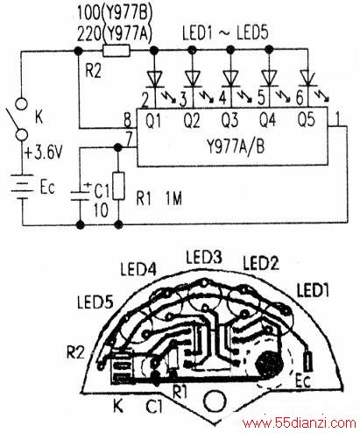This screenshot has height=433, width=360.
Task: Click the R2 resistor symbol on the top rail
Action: pos(116,51)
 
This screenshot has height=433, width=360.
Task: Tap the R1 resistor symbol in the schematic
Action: pos(118,186)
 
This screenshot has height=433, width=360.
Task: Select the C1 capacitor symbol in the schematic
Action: pos(80,195)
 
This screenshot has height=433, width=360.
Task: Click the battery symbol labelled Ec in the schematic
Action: pos(22,187)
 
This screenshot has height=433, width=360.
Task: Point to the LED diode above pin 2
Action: pos(154,80)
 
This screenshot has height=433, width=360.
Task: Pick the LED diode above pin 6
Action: pos(307,79)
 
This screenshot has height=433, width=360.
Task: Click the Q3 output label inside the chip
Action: pos(229,120)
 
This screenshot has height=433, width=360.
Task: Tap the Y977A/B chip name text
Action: pos(236,146)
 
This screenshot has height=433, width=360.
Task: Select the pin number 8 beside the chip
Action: pos(128,120)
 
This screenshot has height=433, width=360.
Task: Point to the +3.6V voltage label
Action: pos(44,153)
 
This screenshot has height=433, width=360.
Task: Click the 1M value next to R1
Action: pos(173,199)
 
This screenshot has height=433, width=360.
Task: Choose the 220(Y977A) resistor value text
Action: pos(115,32)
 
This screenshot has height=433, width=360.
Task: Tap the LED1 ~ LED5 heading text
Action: pos(225,32)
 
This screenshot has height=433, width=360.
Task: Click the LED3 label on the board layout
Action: pos(204,257)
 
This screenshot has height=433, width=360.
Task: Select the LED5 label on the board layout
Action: pos(95,302)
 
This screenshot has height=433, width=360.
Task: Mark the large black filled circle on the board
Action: pos(269,364)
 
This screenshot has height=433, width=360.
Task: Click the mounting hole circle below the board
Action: pos(215,401)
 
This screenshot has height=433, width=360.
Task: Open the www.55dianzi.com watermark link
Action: pos(300,423)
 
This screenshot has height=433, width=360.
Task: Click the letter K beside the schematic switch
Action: pos(39,117)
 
